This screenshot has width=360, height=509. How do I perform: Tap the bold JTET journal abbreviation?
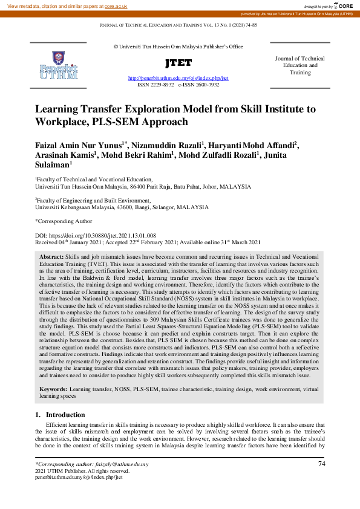(x=178, y=63)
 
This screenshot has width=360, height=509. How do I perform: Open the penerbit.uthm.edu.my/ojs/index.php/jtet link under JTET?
(x=178, y=79)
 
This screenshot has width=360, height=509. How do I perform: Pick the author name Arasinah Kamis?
(x=65, y=154)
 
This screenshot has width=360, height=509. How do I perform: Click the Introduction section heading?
(x=67, y=415)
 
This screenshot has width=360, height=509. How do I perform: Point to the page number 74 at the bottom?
(x=321, y=464)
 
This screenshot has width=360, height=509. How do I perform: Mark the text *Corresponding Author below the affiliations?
(x=63, y=221)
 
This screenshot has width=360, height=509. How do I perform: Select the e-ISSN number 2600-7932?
(x=208, y=85)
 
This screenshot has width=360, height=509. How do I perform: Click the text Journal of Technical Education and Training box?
(x=299, y=65)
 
